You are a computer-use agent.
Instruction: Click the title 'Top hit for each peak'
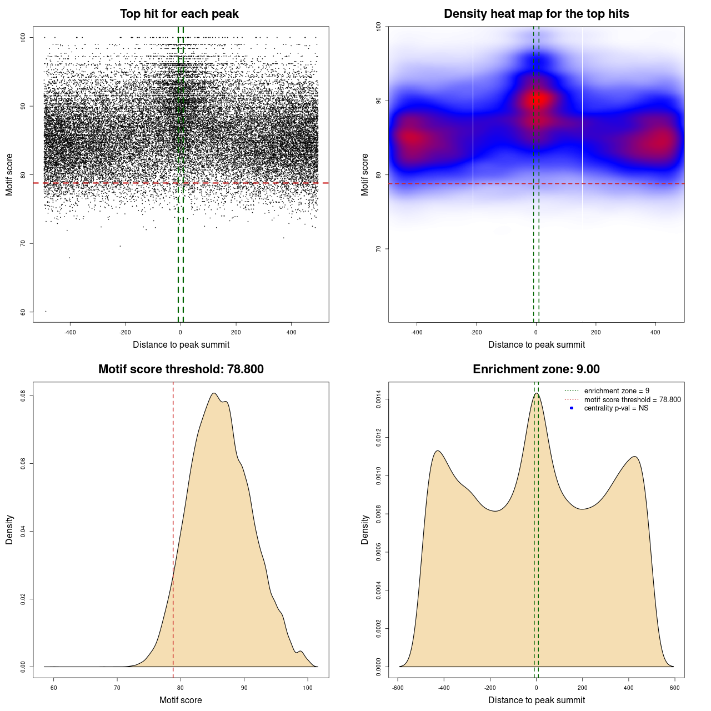[x=179, y=14]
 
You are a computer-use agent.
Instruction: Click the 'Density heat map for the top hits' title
[x=536, y=14]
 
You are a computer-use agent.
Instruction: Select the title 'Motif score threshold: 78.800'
[x=181, y=369]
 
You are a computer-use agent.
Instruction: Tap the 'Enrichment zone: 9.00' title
[x=536, y=369]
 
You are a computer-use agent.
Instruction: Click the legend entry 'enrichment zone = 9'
[x=617, y=391]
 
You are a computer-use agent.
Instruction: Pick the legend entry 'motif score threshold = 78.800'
[x=632, y=400]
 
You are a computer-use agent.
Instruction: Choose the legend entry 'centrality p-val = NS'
[x=616, y=408]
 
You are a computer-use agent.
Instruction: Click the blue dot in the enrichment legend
[x=572, y=408]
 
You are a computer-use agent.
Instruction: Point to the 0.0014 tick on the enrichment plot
[x=379, y=399]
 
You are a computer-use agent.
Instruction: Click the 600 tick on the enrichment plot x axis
[x=674, y=688]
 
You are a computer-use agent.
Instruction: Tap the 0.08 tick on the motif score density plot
[x=23, y=395]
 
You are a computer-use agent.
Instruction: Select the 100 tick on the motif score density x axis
[x=308, y=688]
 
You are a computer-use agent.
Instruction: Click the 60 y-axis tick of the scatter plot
[x=23, y=312]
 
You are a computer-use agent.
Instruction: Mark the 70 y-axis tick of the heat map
[x=379, y=249]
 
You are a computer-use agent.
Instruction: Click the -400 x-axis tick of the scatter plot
[x=70, y=332]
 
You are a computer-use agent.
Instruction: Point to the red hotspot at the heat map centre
[x=538, y=100]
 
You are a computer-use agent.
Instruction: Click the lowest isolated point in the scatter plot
[x=46, y=311]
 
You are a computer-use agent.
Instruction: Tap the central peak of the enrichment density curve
[x=536, y=393]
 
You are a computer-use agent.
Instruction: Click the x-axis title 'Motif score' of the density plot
[x=181, y=700]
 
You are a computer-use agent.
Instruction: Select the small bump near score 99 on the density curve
[x=300, y=651]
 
